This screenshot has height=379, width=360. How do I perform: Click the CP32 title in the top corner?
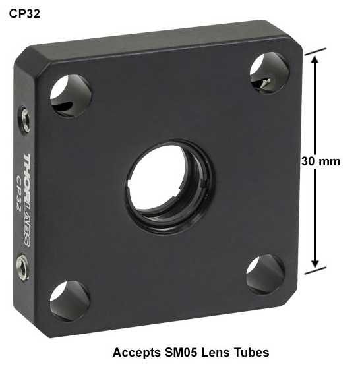click(x=24, y=14)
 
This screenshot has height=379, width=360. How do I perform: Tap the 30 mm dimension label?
click(x=321, y=161)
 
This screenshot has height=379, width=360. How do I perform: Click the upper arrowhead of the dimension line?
click(x=315, y=59)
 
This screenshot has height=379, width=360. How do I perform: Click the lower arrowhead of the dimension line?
click(x=315, y=264)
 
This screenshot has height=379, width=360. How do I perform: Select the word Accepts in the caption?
click(x=136, y=353)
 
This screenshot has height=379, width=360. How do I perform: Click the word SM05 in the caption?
click(x=181, y=352)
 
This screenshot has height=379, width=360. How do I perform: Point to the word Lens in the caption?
click(x=215, y=352)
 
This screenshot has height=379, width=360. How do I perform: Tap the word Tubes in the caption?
click(x=251, y=352)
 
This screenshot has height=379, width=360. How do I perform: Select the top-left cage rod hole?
click(x=71, y=96)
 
